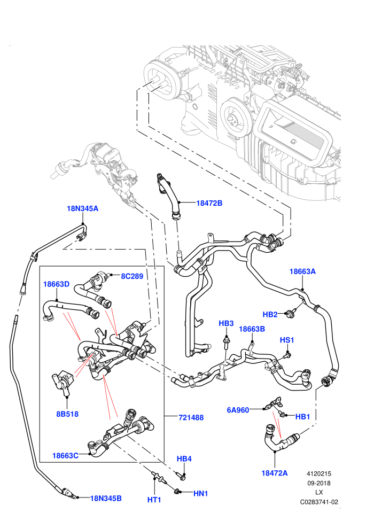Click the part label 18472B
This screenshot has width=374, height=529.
click(x=209, y=203)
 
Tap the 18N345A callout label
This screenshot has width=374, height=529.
click(x=83, y=208)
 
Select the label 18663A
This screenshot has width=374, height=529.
click(x=302, y=271)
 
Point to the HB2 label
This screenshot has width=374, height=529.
click(x=270, y=314)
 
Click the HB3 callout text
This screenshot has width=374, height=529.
click(x=226, y=323)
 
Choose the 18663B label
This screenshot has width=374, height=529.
click(x=252, y=329)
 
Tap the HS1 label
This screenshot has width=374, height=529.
click(x=287, y=340)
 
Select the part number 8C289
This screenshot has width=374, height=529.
click(x=132, y=276)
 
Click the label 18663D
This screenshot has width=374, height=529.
click(x=56, y=284)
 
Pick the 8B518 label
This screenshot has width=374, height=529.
click(x=67, y=414)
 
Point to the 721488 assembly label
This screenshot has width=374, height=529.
click(x=191, y=418)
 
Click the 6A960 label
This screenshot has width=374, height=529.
click(x=238, y=410)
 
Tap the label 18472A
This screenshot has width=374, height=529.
click(x=275, y=473)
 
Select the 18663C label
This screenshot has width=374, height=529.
click(x=65, y=456)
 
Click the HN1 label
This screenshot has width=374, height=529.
click(x=201, y=494)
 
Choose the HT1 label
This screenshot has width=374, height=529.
click(x=154, y=500)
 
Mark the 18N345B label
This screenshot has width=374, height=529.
click(x=106, y=499)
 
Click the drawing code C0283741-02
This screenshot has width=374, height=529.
click(x=319, y=502)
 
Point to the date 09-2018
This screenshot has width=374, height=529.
click(x=318, y=483)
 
